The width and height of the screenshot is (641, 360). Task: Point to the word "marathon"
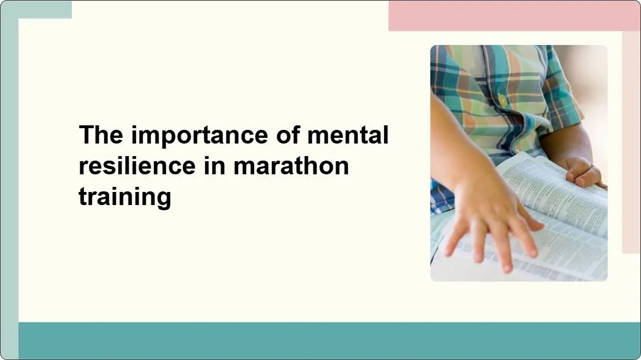click(x=291, y=166)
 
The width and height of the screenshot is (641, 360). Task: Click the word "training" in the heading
click(x=125, y=197)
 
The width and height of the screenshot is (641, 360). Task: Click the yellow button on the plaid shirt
click(x=503, y=100)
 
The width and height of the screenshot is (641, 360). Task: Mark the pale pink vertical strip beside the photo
click(x=631, y=142)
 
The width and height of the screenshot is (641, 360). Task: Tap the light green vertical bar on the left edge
click(x=9, y=188)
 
